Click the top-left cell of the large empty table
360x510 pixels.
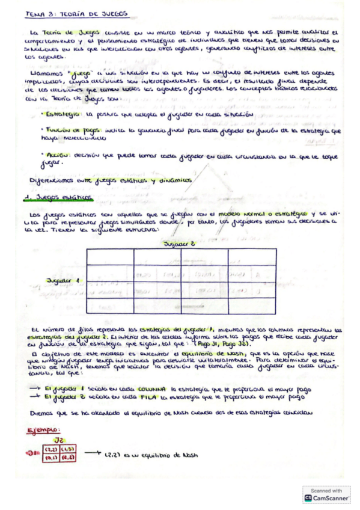[x=109, y=256]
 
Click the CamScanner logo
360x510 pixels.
[x=308, y=498]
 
